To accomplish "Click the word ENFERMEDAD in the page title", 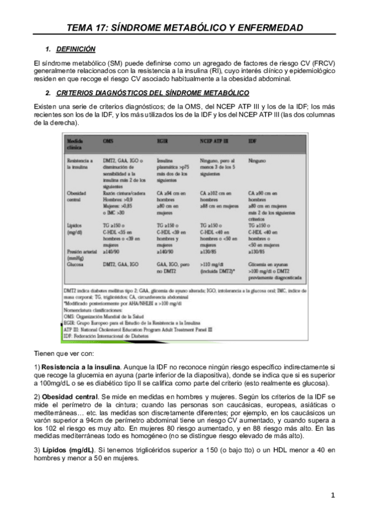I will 268,28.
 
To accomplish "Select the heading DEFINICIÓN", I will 75,49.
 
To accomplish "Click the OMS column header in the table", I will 108,141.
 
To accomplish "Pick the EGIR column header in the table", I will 163,141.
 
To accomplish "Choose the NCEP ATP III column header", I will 214,141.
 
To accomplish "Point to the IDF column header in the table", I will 253,141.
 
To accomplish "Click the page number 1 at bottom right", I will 332,495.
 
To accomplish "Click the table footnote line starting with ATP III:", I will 141,329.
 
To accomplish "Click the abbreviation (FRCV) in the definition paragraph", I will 323,63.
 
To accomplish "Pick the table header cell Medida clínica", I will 76,143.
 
